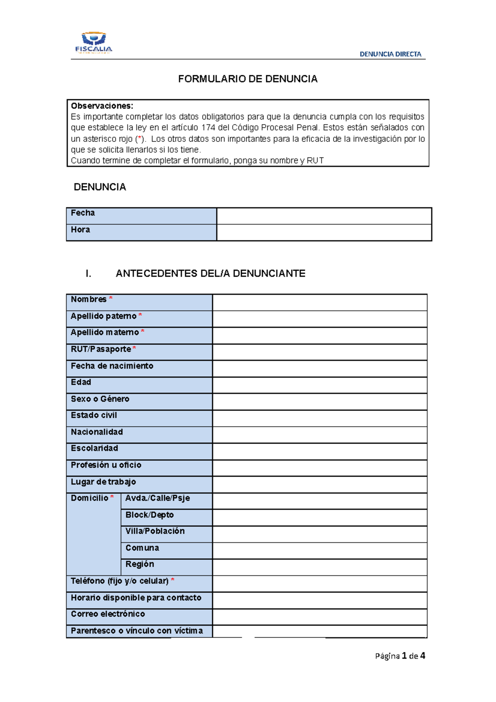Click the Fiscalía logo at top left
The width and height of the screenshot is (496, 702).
pos(94,43)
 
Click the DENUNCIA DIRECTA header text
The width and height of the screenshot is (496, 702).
pos(390,54)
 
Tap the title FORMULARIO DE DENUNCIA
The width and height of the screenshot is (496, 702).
pos(248,79)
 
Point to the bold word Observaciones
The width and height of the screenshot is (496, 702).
pos(102,106)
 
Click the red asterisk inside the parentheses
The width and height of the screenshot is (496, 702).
pos(140,138)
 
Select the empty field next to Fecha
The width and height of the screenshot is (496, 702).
pos(324,216)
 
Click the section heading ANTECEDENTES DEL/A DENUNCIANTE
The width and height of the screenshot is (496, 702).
pos(210,274)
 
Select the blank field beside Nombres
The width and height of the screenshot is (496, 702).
pos(320,303)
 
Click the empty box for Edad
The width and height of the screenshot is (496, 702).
pos(320,385)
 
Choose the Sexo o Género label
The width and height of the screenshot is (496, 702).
pos(100,399)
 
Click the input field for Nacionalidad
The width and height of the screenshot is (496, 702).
pos(320,435)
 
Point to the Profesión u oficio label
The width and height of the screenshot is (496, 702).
pos(106,465)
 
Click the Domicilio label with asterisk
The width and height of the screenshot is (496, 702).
pos(92,498)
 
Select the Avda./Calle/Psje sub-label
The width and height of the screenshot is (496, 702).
pos(157,498)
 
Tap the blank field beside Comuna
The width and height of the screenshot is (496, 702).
pos(320,551)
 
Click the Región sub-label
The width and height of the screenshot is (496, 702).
pos(140,564)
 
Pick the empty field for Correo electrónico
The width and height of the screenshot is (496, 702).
pos(320,617)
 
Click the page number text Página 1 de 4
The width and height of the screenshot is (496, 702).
pos(400,656)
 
